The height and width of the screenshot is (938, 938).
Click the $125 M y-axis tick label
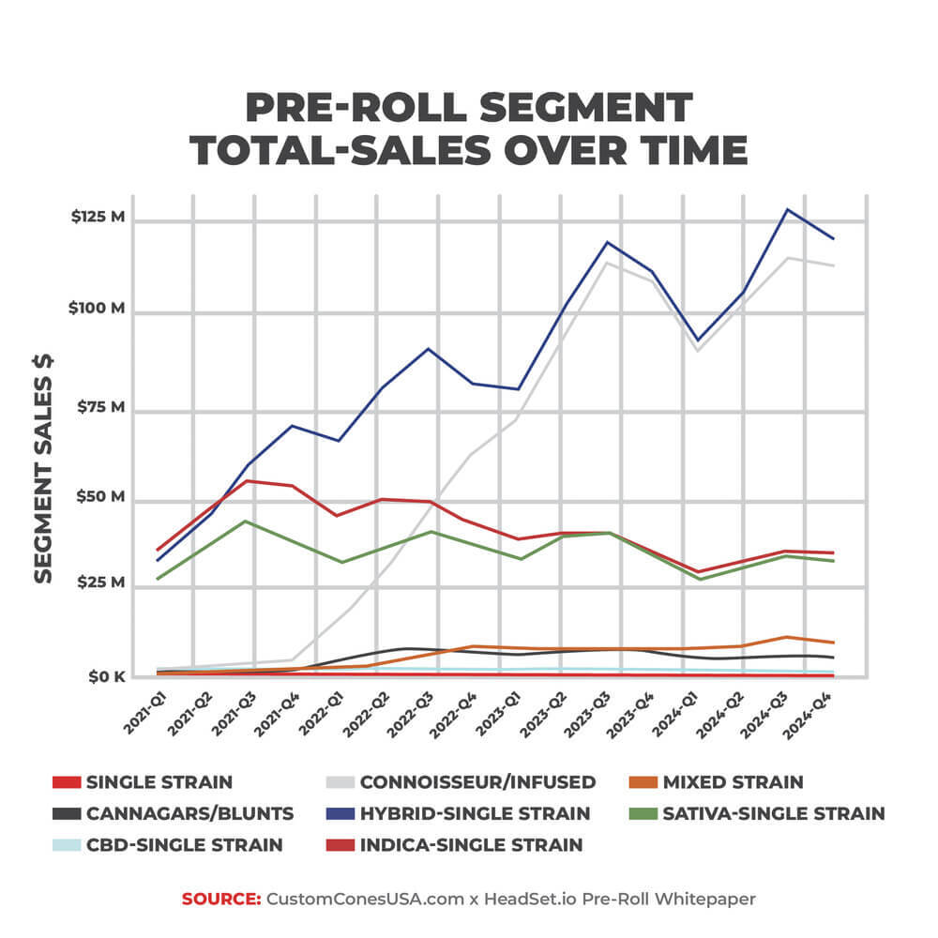click(98, 218)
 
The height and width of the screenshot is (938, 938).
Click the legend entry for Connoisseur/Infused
click(477, 782)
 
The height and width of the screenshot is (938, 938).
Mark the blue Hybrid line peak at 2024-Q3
click(787, 209)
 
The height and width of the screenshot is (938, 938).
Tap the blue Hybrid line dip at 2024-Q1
click(696, 340)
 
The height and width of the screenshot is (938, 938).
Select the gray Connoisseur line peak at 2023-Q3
click(607, 262)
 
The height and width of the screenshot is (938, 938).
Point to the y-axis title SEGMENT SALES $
click(43, 468)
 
